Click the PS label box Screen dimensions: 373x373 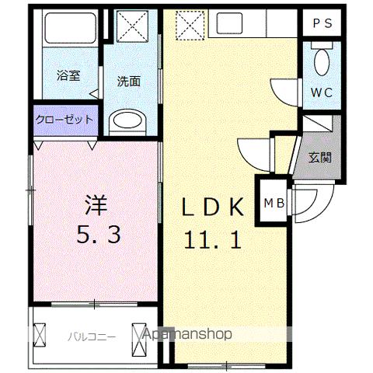322,23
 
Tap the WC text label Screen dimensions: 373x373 322,92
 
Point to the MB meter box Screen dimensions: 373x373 272,204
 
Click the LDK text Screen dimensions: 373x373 214,207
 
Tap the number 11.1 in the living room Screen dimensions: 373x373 212,238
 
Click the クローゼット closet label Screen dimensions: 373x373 65,120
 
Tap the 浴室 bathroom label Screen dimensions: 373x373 68,76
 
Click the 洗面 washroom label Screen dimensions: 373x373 129,81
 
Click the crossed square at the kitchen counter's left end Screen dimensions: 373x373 189,26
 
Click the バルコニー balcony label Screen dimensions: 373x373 91,336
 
